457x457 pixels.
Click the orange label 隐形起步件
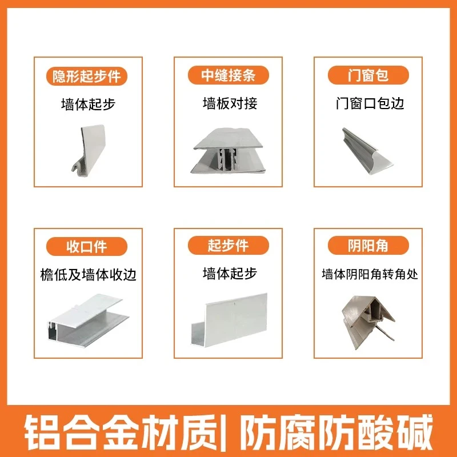click(87, 77)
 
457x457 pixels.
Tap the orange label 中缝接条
click(228, 75)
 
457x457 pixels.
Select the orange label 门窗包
click(368, 75)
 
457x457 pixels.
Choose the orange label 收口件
click(87, 247)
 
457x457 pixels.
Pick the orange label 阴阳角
click(368, 246)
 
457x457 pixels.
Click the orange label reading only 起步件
click(228, 246)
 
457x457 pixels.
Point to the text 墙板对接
click(230, 103)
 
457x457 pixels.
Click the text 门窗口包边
click(370, 103)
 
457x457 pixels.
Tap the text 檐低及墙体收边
click(89, 275)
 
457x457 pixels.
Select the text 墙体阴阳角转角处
click(370, 274)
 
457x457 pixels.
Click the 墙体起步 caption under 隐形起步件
click(89, 104)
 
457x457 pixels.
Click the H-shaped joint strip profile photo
click(228, 151)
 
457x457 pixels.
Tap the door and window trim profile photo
click(368, 151)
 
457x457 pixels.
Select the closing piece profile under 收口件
click(88, 321)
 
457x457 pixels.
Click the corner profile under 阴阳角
click(368, 323)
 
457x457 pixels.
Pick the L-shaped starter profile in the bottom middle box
click(229, 320)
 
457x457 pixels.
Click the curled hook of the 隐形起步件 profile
click(77, 170)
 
